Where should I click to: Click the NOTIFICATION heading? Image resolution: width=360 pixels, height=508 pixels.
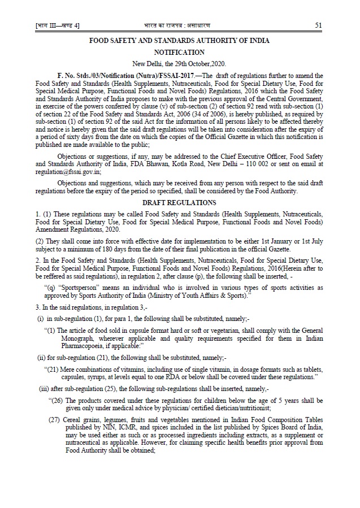point(180,51)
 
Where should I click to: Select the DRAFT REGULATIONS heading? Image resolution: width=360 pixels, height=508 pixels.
point(179,202)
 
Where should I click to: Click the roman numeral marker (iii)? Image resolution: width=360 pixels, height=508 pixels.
point(42,389)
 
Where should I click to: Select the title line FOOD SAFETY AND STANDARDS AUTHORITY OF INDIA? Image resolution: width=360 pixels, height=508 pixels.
point(180,40)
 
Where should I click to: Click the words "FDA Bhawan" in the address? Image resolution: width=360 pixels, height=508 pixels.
point(168,164)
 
